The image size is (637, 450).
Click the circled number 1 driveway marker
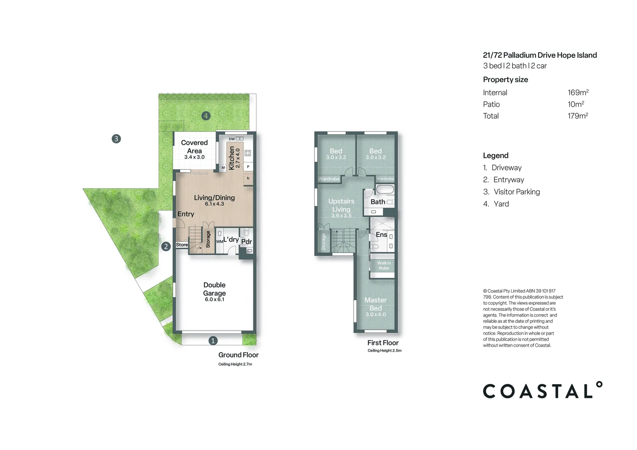pos(213,341)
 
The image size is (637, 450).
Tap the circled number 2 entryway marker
pos(166,246)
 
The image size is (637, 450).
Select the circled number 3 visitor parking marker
pos(116,139)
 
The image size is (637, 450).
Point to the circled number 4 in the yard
pos(206,116)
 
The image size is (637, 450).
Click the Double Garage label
pos(214,289)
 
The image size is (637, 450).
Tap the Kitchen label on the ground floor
pos(232,158)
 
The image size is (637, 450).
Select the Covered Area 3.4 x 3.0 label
pos(194,149)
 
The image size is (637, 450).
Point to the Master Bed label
pos(375,304)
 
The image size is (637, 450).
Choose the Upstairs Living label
pos(341,205)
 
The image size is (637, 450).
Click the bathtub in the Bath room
pos(385,190)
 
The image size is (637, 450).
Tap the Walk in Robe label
pos(384,266)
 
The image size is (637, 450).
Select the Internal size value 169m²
pos(578,92)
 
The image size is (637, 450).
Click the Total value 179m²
pos(577,116)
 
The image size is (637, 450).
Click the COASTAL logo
pos(542,391)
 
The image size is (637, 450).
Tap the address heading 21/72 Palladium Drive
pos(539,55)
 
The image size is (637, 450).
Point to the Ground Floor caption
pos(238,355)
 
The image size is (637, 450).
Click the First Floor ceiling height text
pos(384,350)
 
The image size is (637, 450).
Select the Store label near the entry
pos(182,245)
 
